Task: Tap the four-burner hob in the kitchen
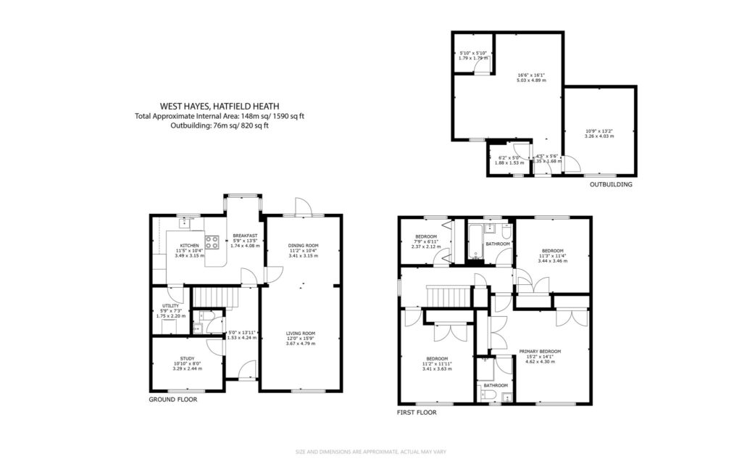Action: click(x=212, y=243)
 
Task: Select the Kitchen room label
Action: click(x=189, y=245)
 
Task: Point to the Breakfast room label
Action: click(x=245, y=235)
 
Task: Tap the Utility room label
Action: click(x=170, y=306)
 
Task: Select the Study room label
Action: click(x=188, y=359)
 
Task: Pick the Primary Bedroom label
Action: click(x=539, y=351)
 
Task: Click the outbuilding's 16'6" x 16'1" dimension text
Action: click(x=531, y=75)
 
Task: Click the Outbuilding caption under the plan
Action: click(x=611, y=185)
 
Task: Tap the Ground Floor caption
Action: click(x=172, y=399)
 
